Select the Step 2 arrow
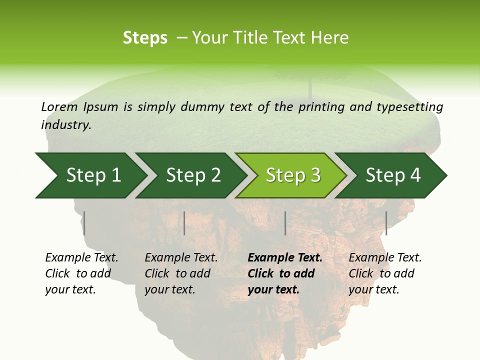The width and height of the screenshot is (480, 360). [192, 175]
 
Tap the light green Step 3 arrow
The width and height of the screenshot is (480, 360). [292, 175]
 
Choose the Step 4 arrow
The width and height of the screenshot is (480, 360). [392, 175]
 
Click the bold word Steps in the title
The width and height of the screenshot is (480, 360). [145, 38]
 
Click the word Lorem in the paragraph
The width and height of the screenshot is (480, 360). [59, 106]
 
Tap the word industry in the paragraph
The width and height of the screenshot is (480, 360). [65, 125]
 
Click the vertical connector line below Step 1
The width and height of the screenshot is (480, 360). [84, 223]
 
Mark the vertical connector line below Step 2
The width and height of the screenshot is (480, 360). [184, 223]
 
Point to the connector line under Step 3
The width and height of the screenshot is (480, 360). [285, 223]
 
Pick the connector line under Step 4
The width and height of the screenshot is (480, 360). [386, 223]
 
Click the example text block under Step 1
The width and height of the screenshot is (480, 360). [81, 273]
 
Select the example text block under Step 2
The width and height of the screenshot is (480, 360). [181, 273]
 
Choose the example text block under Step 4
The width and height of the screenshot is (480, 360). [385, 273]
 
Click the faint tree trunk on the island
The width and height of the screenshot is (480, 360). [309, 87]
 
